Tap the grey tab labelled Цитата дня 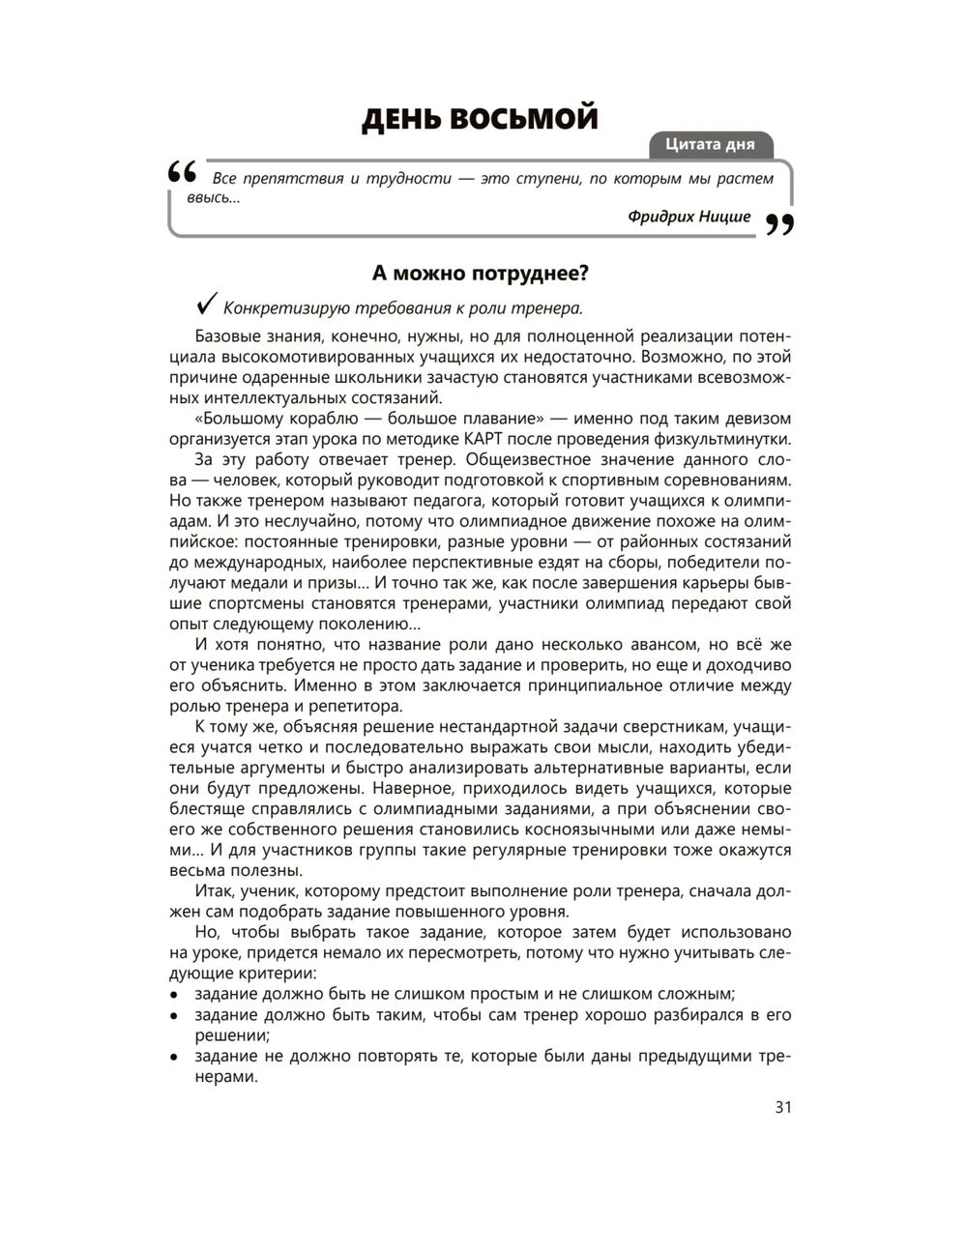pyautogui.click(x=710, y=145)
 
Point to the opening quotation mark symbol pyautogui.click(x=183, y=173)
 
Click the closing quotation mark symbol pyautogui.click(x=779, y=225)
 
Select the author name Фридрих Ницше pyautogui.click(x=689, y=217)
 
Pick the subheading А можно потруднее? pyautogui.click(x=481, y=274)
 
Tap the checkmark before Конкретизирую pyautogui.click(x=206, y=305)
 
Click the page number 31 pyautogui.click(x=783, y=1107)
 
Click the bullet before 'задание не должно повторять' pyautogui.click(x=174, y=1057)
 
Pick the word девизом pyautogui.click(x=756, y=419)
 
